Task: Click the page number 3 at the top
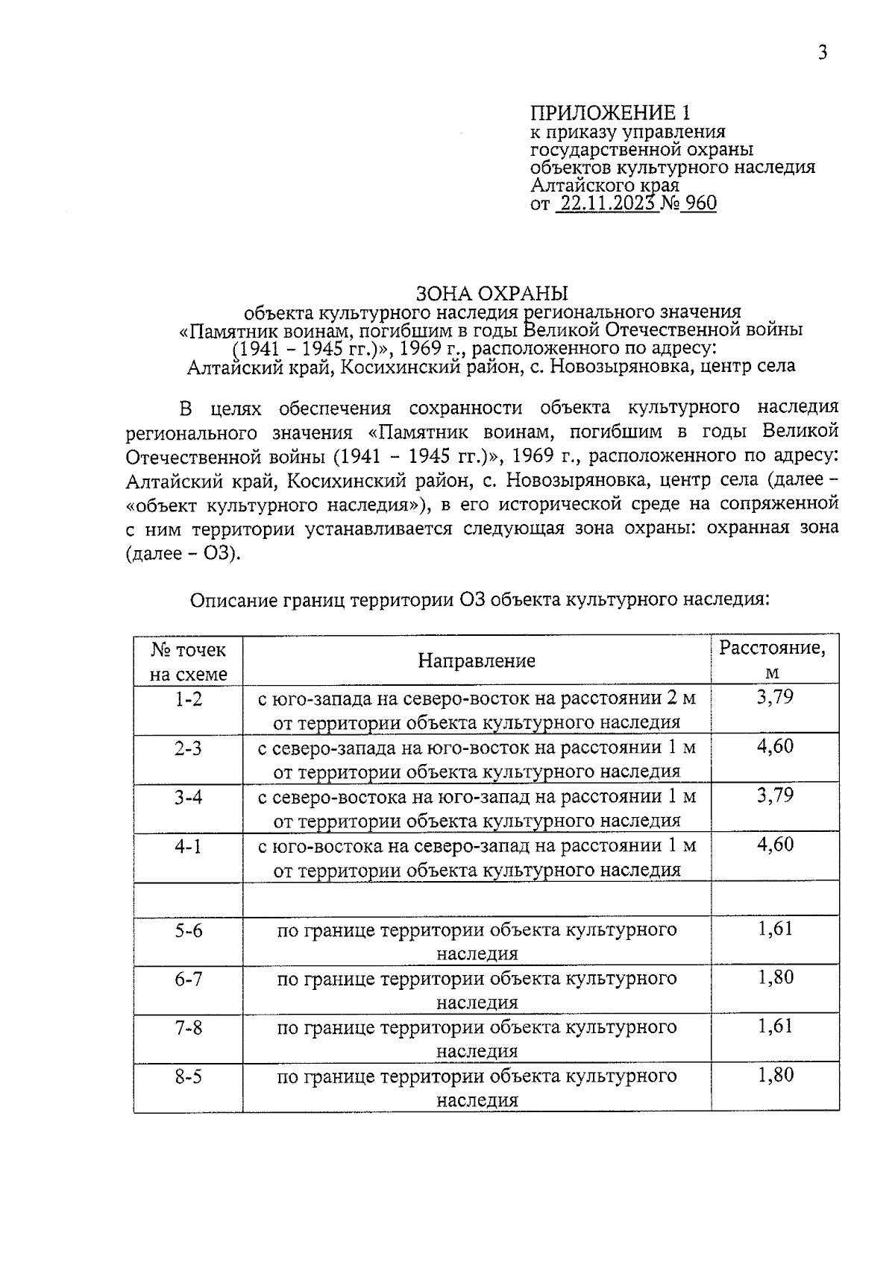[823, 53]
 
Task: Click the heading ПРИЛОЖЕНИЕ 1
[610, 113]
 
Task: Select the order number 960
[700, 204]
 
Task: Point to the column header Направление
[477, 660]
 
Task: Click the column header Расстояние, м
[773, 659]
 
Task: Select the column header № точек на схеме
[188, 661]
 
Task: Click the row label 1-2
[188, 699]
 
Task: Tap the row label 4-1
[188, 847]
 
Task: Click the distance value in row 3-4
[775, 796]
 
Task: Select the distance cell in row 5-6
[775, 929]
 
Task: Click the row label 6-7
[188, 979]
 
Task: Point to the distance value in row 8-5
[775, 1076]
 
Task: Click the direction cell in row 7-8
[477, 1039]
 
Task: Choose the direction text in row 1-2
[477, 710]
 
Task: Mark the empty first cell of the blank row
[188, 899]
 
